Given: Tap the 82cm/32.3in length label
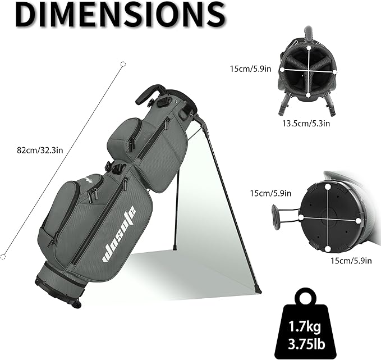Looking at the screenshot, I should (39, 150).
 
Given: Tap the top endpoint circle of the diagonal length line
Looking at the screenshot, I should (123, 65).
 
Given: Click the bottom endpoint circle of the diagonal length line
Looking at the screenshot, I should (3, 257).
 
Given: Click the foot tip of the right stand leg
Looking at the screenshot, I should (259, 290).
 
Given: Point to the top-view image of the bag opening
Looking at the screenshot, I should (307, 70).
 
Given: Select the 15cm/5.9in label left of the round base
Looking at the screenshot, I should (270, 193).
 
